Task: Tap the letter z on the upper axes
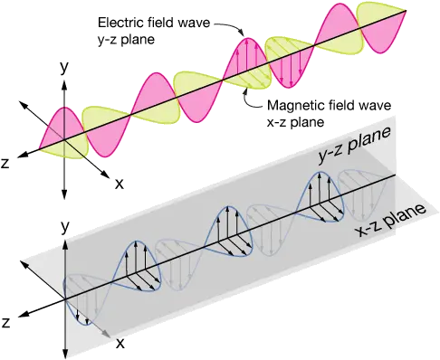pos(7,166)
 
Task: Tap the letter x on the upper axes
pos(120,183)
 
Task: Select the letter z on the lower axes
pos(7,322)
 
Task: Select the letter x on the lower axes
pos(119,345)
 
